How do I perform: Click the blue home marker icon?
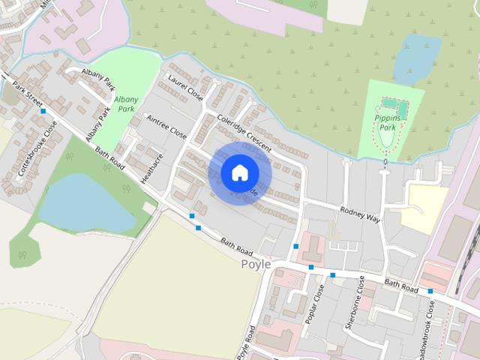(239, 172)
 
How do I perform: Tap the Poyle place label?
(256, 265)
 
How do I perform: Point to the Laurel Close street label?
(185, 87)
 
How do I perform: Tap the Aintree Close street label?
(166, 126)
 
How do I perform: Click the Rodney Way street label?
(361, 214)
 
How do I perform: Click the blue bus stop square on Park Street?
(43, 111)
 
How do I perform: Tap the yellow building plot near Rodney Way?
(424, 207)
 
